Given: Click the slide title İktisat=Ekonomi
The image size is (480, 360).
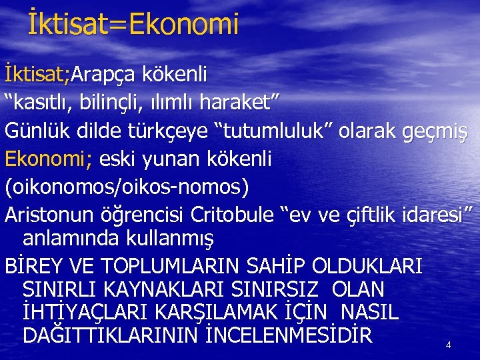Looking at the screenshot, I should coord(133,25).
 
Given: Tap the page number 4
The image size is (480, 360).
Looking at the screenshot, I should coord(448,345).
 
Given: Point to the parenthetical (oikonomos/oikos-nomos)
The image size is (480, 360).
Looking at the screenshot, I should coord(127,187).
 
